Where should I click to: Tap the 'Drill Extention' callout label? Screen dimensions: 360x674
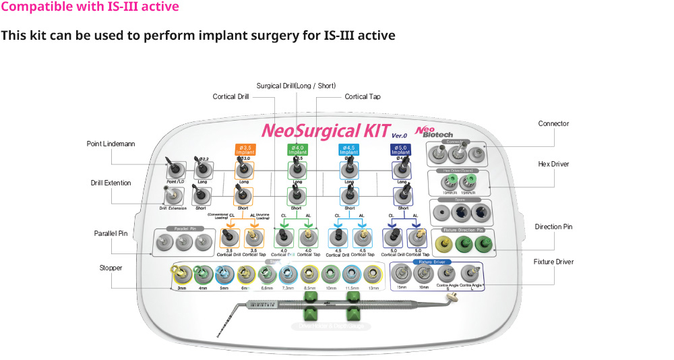click(x=111, y=183)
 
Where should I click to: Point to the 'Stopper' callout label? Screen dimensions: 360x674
click(x=111, y=268)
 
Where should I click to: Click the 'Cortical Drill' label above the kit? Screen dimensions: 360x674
click(x=231, y=97)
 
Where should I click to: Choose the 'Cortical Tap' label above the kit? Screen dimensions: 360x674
click(x=362, y=97)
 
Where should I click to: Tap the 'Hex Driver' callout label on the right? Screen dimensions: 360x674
click(x=553, y=164)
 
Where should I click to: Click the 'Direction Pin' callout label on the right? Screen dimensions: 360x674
click(x=553, y=227)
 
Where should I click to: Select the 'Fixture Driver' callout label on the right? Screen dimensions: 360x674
click(x=553, y=262)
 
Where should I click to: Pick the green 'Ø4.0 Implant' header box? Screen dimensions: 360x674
click(x=297, y=149)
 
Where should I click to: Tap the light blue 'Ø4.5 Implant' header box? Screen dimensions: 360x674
click(x=348, y=149)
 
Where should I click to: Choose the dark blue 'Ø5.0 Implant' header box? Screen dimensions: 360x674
click(x=400, y=149)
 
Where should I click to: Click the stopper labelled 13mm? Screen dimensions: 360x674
click(x=373, y=275)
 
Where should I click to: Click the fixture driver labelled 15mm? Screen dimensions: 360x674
click(x=403, y=274)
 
